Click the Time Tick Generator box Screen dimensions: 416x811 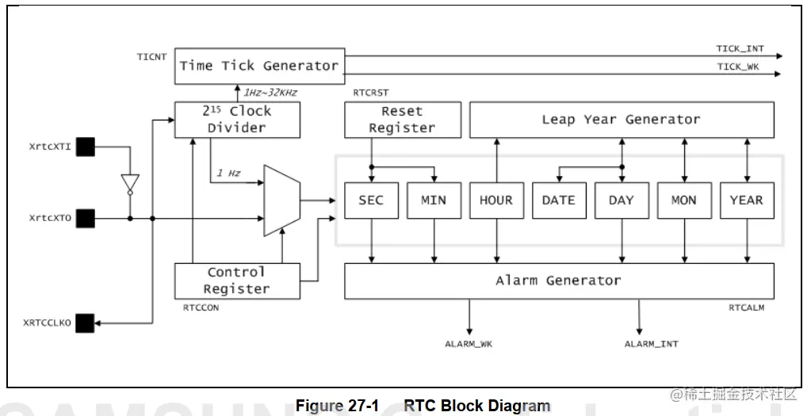coord(258,66)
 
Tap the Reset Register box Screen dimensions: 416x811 coord(402,120)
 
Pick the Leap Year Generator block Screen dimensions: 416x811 coord(622,120)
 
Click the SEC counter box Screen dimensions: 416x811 coord(371,200)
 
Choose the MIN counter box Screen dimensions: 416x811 coord(434,200)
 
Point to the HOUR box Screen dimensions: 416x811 coord(496,200)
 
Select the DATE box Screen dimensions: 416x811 coord(559,200)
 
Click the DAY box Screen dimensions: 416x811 coord(622,200)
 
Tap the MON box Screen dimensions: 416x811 coord(683,200)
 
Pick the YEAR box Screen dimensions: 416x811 coord(746,200)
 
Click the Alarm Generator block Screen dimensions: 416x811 coord(559,281)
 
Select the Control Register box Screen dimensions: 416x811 coord(237,281)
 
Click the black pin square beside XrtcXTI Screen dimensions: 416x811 coord(85,147)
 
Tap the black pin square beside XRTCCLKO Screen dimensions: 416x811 coord(85,322)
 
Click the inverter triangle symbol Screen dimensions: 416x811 coord(131,183)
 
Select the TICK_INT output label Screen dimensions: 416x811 coord(740,49)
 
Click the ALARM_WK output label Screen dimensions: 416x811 coord(469,344)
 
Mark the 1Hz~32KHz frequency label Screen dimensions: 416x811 coord(270,93)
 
